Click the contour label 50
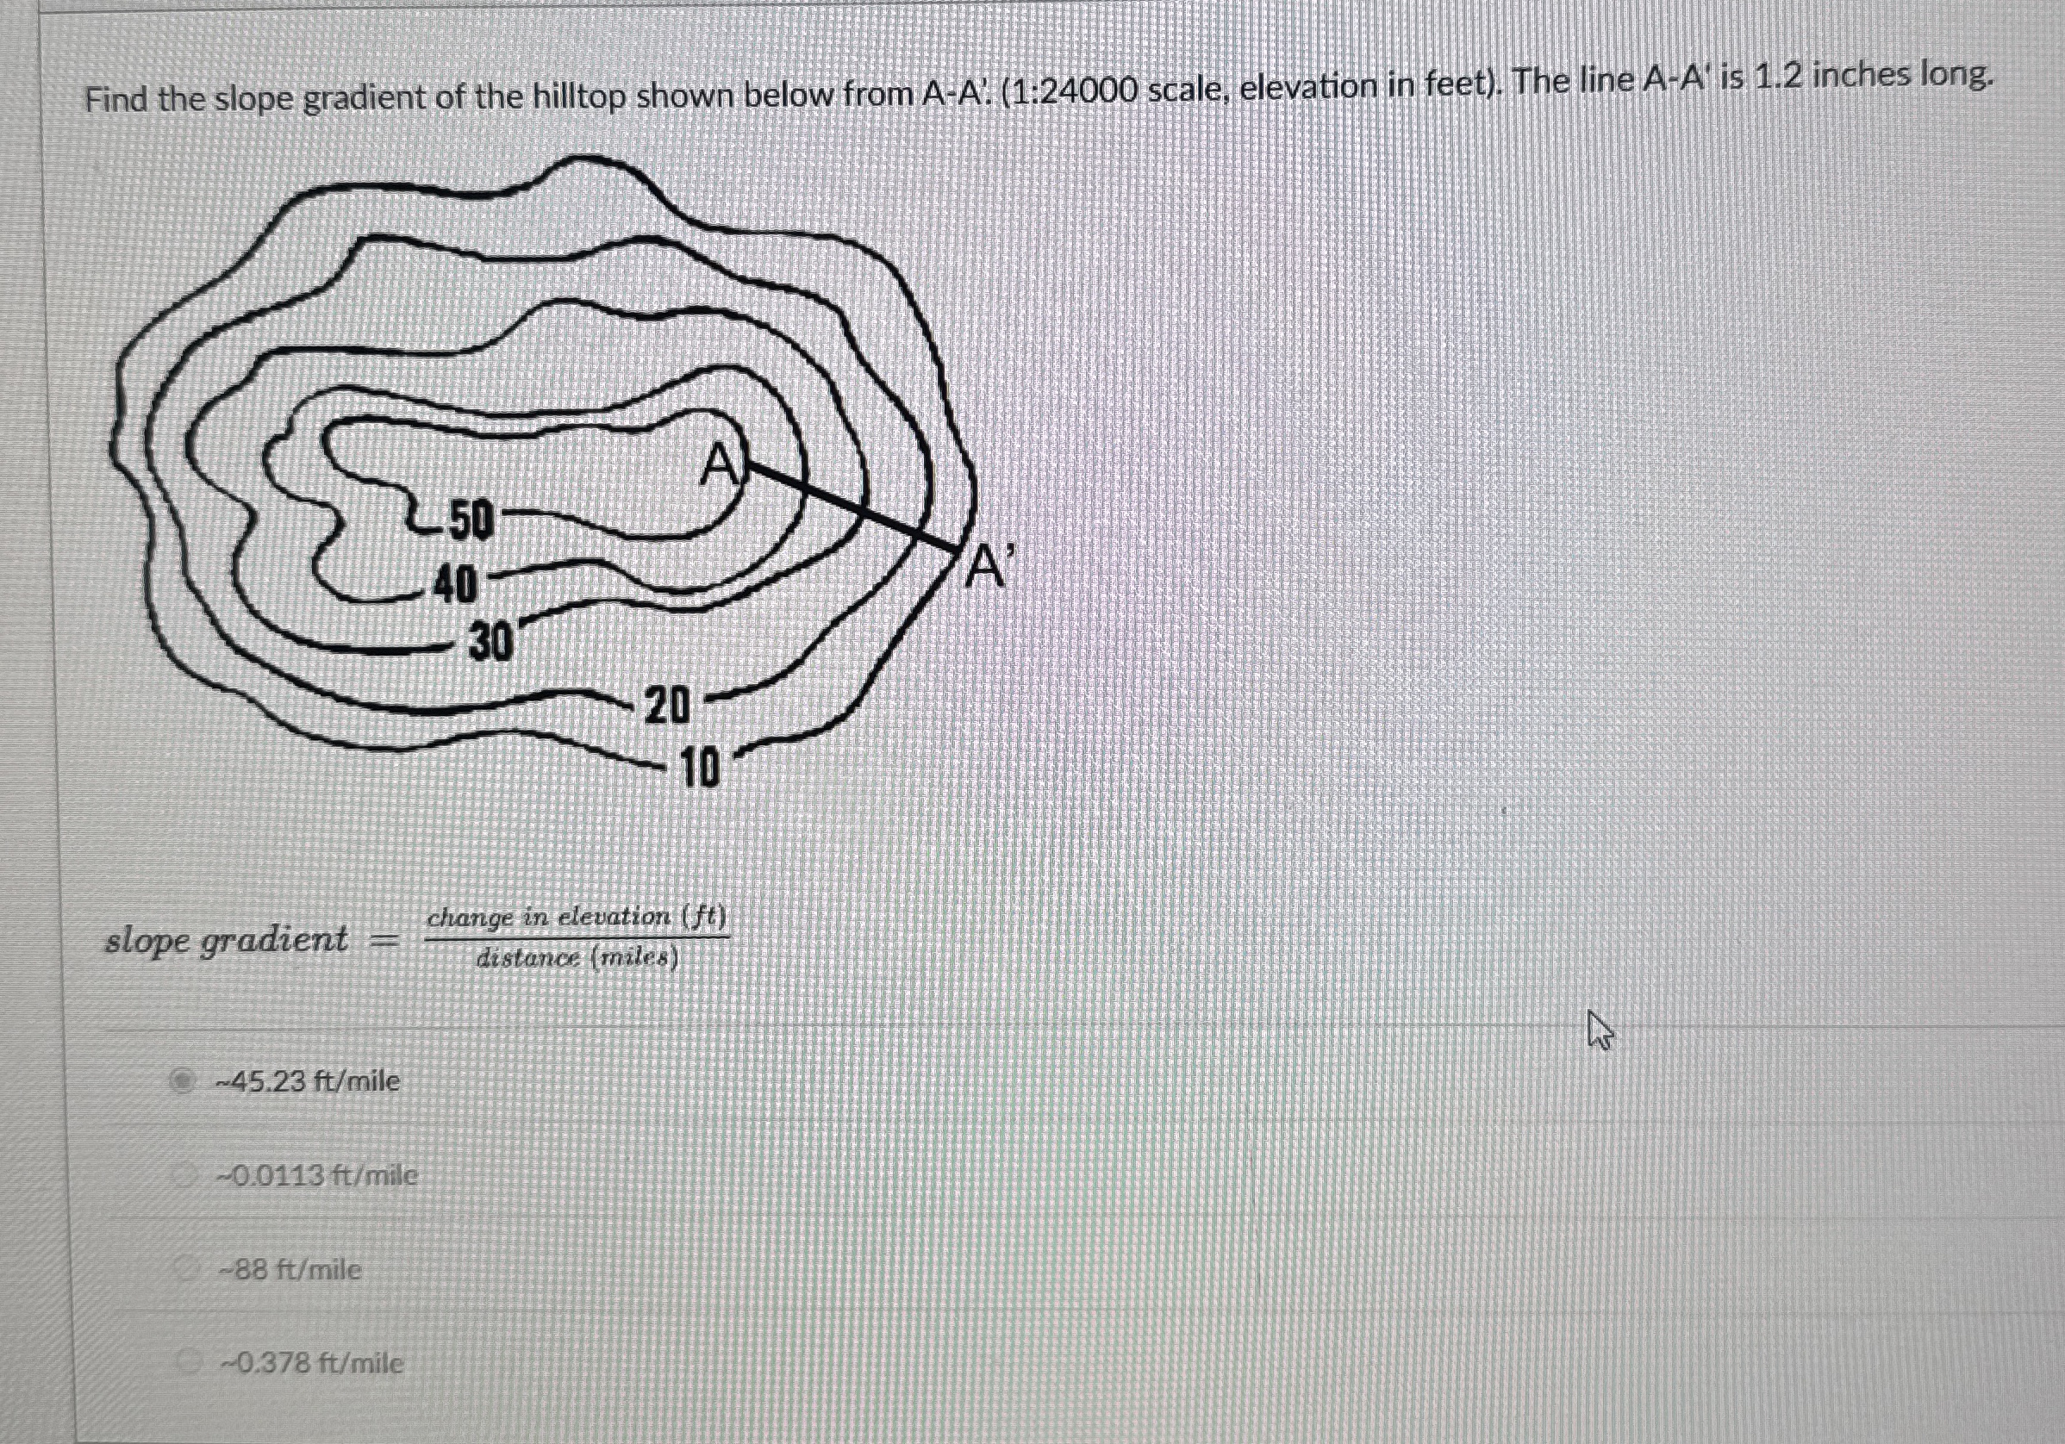coord(471,521)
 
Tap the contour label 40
coord(455,587)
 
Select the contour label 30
coord(491,642)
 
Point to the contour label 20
coord(667,706)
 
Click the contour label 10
coord(700,769)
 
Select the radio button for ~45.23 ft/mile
coord(183,1080)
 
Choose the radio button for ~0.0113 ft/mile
coord(185,1173)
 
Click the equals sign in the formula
coord(385,942)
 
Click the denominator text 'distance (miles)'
coord(577,958)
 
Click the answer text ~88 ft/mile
coord(291,1270)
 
